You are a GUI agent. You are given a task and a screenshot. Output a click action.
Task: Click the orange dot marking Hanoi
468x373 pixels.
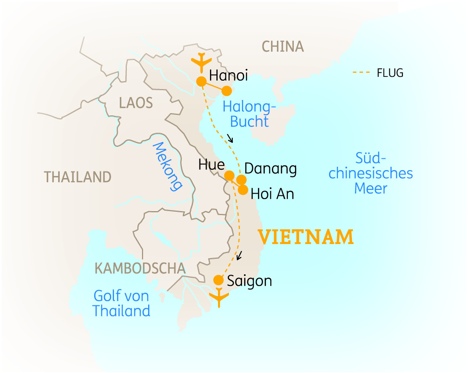(202, 81)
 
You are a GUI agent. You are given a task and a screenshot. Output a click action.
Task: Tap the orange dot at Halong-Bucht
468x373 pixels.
(227, 91)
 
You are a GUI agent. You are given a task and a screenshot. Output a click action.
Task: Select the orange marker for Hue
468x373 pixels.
(229, 175)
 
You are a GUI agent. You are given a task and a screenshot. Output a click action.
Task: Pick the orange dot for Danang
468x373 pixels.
(241, 180)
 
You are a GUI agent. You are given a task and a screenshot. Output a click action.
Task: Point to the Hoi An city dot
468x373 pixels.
(243, 189)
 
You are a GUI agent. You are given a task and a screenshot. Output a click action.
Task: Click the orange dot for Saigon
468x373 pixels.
(218, 280)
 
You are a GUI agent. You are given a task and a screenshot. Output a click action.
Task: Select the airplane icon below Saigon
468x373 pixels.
(219, 298)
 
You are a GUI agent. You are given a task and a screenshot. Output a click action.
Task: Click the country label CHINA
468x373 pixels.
(282, 46)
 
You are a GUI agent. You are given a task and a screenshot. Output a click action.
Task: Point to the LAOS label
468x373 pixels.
(136, 103)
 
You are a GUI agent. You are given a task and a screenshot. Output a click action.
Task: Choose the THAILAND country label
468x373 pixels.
(78, 177)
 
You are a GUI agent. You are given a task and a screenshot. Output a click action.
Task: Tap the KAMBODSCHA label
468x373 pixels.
(140, 268)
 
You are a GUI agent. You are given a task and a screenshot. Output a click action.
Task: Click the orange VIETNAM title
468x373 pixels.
(306, 237)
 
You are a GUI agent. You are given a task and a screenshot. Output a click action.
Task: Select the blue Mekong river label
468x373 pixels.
(167, 166)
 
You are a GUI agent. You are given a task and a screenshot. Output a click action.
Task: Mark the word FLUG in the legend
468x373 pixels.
(390, 73)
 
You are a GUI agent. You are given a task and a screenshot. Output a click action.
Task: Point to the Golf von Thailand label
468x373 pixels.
(121, 303)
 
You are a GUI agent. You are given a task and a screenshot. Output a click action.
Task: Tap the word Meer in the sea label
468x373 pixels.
(371, 188)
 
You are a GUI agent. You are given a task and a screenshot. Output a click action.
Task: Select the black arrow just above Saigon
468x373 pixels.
(239, 255)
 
